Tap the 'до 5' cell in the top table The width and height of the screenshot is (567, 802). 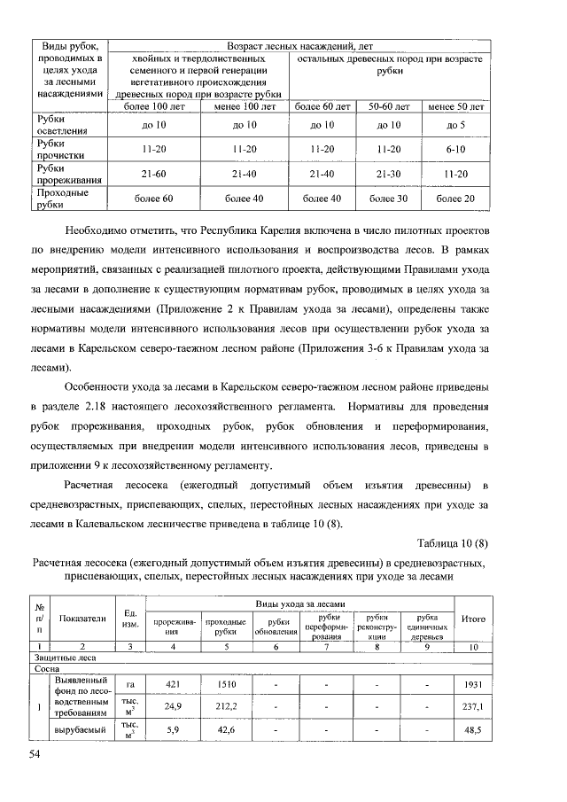pyautogui.click(x=456, y=126)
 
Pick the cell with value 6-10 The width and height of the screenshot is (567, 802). pyautogui.click(x=456, y=149)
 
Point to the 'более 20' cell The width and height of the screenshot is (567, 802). pyautogui.click(x=456, y=199)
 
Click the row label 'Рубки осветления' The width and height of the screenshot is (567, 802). pyautogui.click(x=62, y=125)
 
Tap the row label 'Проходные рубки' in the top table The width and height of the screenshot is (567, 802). pyautogui.click(x=62, y=199)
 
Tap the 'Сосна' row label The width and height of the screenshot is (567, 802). pyautogui.click(x=48, y=670)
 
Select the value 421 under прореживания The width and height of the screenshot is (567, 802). pyautogui.click(x=173, y=684)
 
